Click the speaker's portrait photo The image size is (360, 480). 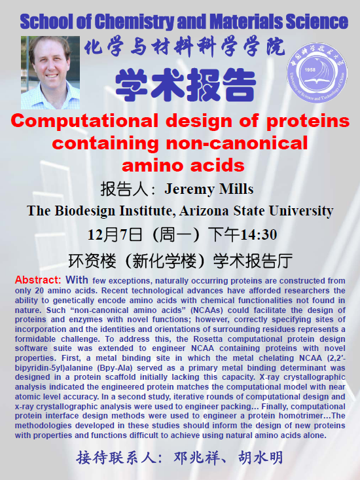(50, 73)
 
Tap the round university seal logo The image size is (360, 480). (317, 72)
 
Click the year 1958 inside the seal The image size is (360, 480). (310, 70)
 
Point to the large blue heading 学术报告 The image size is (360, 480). (186, 85)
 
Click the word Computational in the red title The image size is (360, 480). (84, 121)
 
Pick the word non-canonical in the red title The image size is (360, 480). (237, 143)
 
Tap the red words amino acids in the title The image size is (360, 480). (183, 165)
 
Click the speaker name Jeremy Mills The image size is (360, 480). (209, 189)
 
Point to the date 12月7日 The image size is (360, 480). (115, 235)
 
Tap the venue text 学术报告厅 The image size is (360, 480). (253, 261)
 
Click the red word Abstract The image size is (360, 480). (38, 280)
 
